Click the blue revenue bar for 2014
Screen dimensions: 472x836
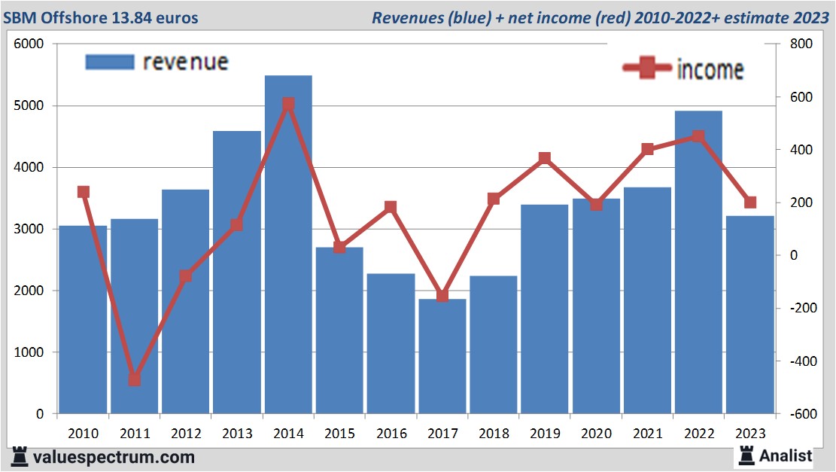click(288, 248)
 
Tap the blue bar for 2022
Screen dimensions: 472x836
click(698, 263)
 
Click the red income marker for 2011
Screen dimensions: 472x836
click(134, 379)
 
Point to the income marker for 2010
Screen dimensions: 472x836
click(83, 192)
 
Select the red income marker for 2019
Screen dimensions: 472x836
click(544, 158)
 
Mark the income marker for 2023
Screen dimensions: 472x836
click(749, 203)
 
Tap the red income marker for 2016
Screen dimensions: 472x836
click(391, 207)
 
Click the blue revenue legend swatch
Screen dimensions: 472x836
click(110, 62)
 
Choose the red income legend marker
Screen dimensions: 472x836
click(646, 69)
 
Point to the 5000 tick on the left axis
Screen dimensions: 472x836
click(31, 106)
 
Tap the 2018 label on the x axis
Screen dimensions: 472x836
click(494, 434)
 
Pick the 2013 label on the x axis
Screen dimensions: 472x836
click(237, 434)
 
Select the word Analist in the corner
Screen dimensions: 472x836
click(786, 455)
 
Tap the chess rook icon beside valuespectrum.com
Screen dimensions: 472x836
click(20, 456)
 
